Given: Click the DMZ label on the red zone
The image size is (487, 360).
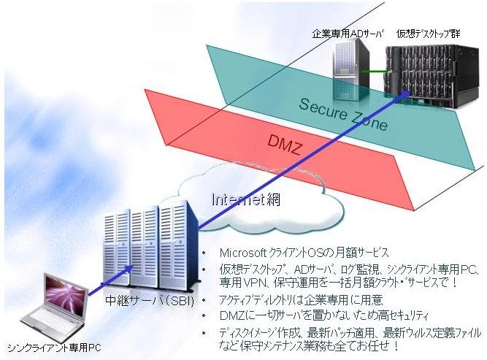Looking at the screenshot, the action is point(284,145).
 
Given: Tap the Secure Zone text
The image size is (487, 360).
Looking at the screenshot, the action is point(343,115).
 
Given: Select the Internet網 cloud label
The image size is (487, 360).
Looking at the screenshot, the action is point(245,199).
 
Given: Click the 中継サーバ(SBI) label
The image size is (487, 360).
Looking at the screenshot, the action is point(150,301).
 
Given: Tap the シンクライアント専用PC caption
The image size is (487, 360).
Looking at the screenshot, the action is point(54,348).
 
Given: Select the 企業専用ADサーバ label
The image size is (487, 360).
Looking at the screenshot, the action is point(348,34).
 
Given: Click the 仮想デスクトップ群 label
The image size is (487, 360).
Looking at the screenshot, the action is point(429,34).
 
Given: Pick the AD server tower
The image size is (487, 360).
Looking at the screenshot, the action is point(351,72).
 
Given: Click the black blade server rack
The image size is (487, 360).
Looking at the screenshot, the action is point(434,76).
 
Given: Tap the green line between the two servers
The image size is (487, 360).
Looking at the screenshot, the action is point(374,72).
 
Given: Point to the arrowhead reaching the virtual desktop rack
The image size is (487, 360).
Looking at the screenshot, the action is point(405,94).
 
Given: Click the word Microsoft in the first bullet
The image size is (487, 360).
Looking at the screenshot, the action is point(242,253).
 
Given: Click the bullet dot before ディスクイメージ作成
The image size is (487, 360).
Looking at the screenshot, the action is point(204,333).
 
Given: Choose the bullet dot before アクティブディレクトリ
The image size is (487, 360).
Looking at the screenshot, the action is point(204,300).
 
